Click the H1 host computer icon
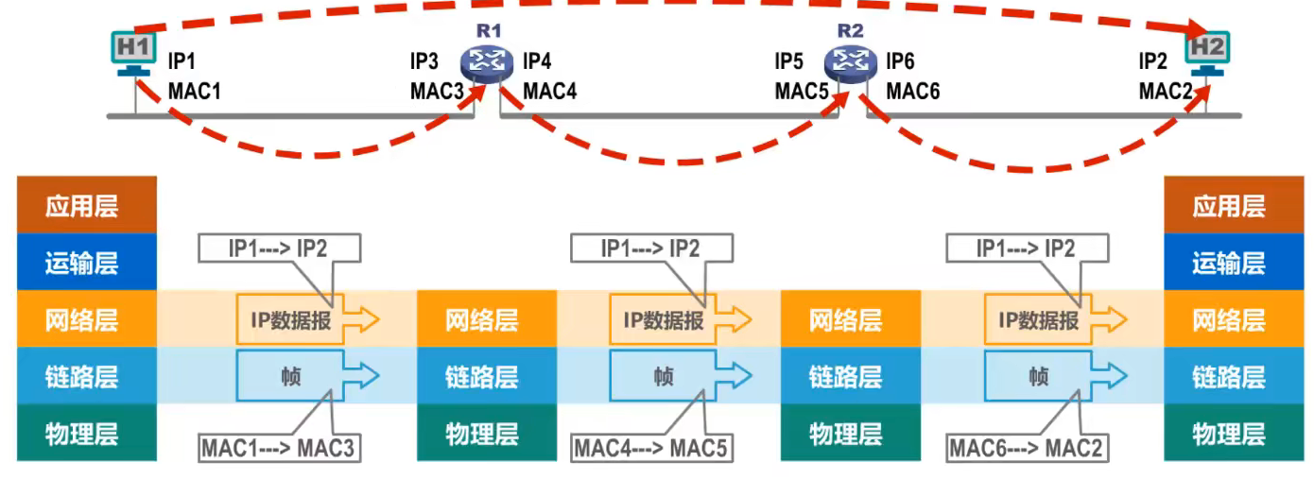point(131,53)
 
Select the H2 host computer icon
point(1206,53)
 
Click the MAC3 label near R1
point(438,92)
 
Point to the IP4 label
point(537,62)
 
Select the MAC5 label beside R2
point(803,92)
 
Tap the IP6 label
point(900,62)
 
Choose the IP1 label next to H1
point(182,62)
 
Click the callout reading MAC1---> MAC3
point(278,448)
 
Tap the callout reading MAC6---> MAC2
point(1027,448)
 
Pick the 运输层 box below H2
point(1228,263)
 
